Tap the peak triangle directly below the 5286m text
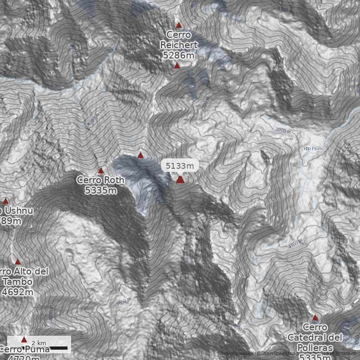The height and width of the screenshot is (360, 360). coord(177,66)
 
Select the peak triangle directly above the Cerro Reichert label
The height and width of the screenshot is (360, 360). coord(179,25)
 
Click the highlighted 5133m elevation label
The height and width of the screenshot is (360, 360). coord(180,166)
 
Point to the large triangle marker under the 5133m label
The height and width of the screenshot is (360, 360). coord(180,180)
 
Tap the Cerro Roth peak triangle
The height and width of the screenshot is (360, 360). coord(101,171)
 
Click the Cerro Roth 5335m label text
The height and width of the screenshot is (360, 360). coord(100,185)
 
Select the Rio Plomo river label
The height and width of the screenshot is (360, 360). coord(314,148)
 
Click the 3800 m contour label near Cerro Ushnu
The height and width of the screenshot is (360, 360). coord(66,209)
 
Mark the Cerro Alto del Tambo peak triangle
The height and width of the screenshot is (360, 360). coord(18,262)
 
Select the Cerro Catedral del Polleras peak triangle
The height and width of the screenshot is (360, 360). coord(315,317)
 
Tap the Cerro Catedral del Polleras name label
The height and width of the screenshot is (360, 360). coord(315,337)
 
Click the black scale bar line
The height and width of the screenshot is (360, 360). coord(58,348)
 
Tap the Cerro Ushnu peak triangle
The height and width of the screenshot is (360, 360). coord(6,201)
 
